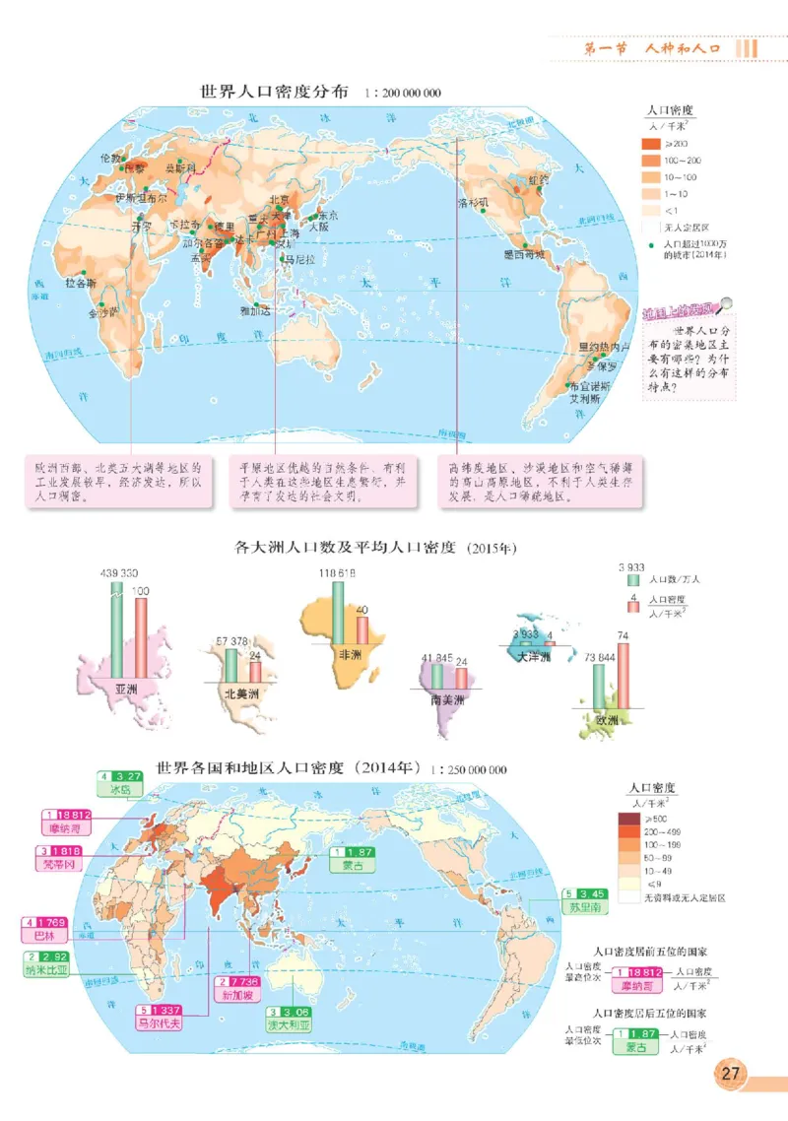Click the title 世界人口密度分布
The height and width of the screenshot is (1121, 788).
click(274, 93)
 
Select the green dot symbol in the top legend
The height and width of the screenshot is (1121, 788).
click(650, 242)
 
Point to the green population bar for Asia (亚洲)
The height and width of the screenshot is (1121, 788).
click(117, 623)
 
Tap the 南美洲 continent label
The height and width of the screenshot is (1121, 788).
click(447, 703)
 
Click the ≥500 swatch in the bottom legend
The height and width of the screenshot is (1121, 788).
click(628, 819)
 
